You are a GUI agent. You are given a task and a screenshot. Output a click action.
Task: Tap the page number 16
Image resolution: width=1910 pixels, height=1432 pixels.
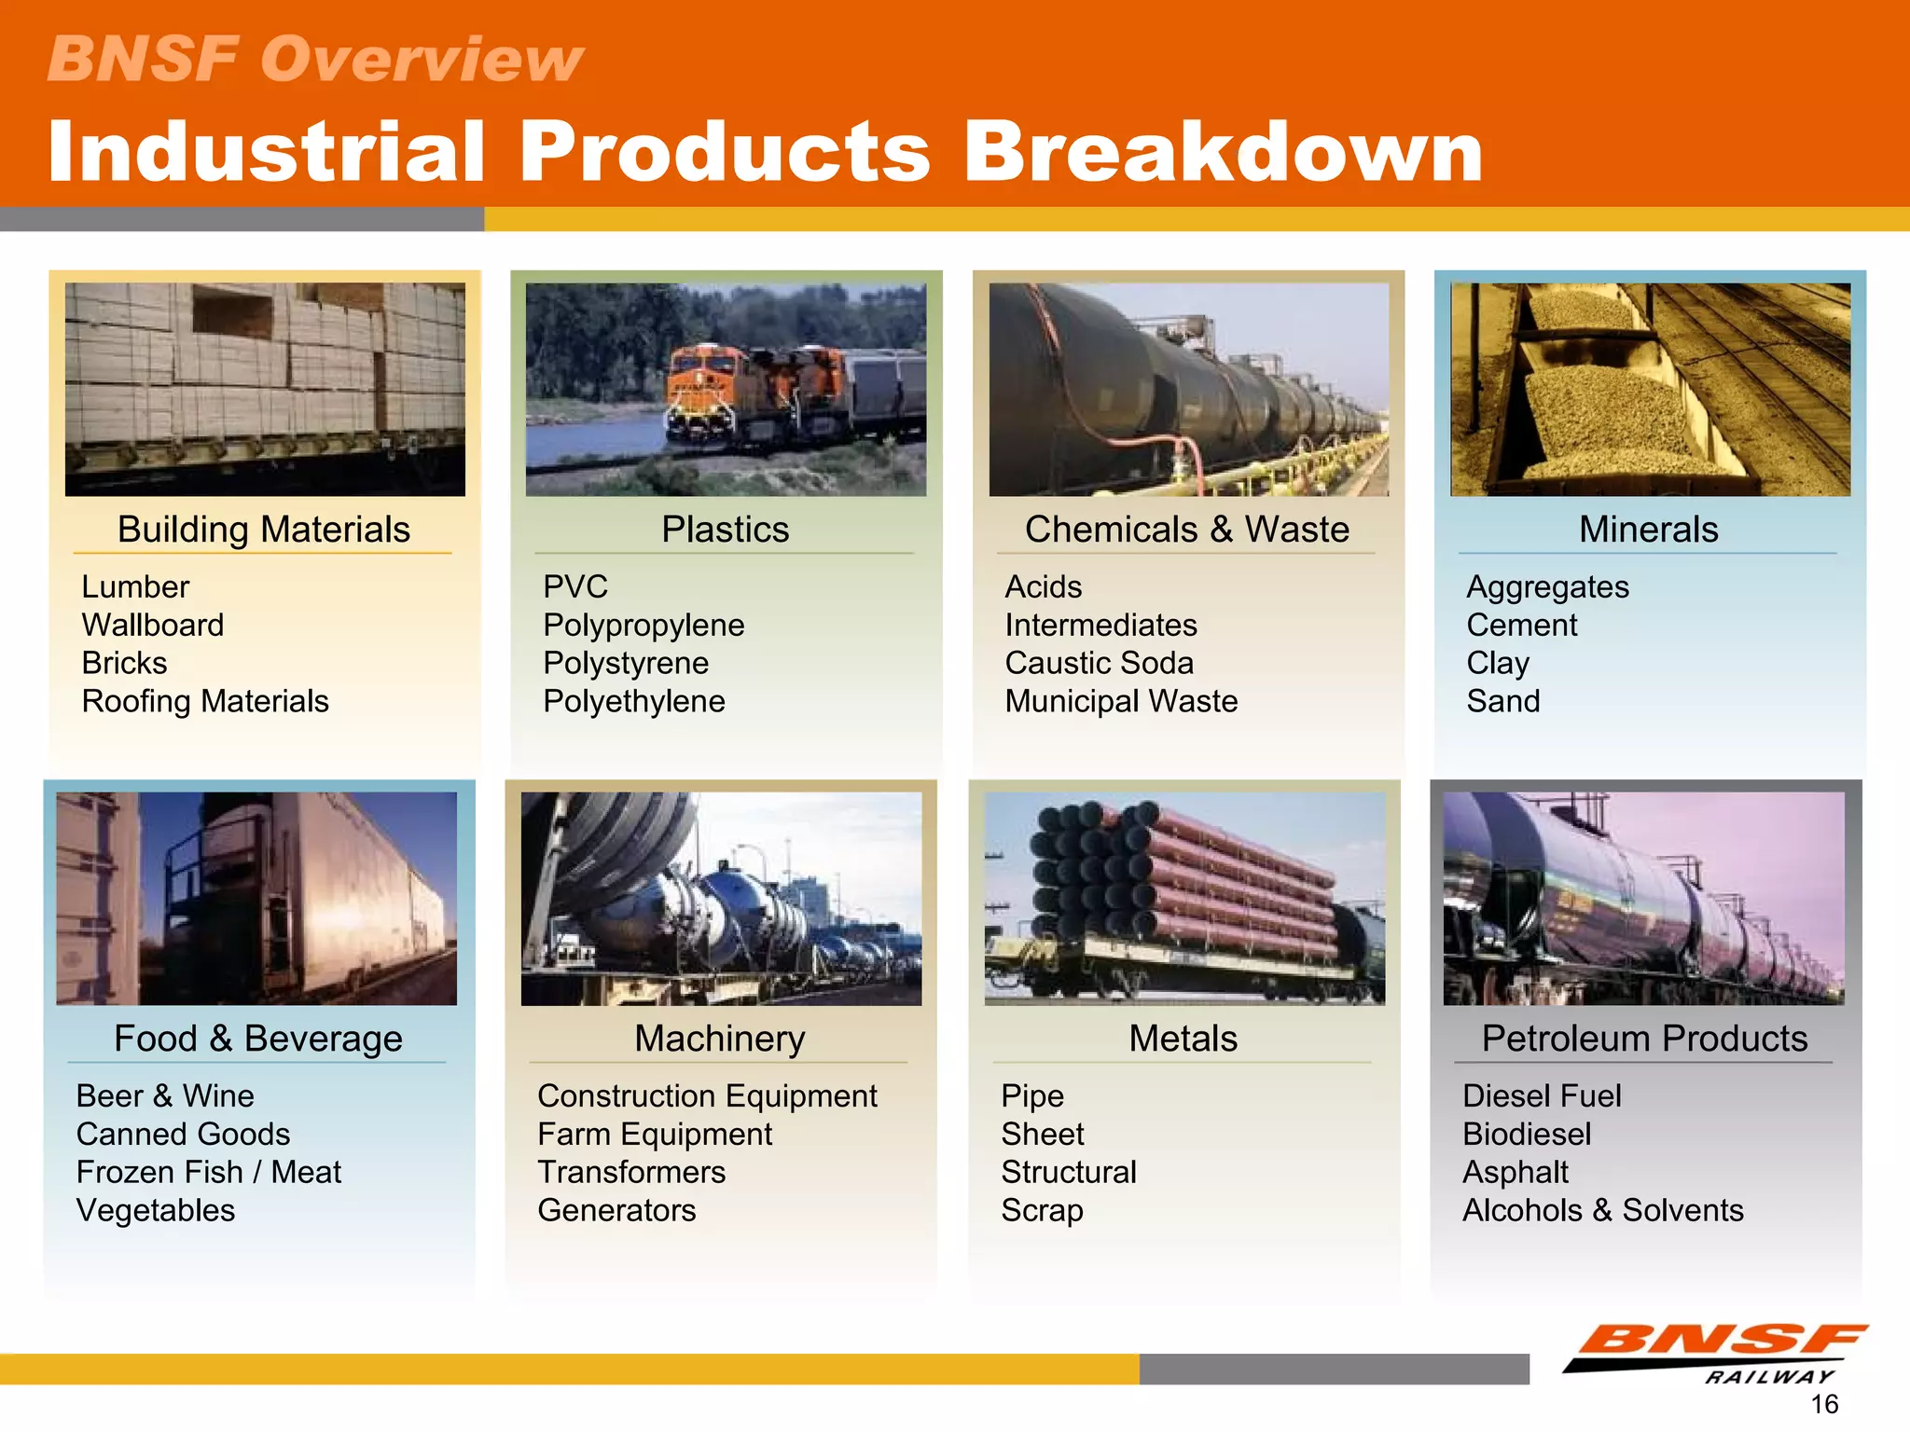[1824, 1404]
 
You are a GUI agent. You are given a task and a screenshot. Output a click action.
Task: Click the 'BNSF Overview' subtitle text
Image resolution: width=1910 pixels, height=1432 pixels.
[315, 59]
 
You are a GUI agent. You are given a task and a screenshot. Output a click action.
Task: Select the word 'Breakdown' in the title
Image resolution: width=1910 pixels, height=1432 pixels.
[1222, 152]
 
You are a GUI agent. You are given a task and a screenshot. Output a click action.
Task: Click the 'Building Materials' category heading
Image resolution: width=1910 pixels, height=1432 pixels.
[264, 530]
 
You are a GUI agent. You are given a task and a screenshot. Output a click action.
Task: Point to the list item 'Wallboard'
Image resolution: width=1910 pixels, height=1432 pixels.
[153, 625]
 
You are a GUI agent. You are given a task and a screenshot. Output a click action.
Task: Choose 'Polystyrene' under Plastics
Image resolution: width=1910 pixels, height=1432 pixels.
[626, 663]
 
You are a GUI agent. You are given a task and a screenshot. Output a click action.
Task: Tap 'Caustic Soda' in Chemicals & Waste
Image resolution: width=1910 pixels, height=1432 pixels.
[1099, 663]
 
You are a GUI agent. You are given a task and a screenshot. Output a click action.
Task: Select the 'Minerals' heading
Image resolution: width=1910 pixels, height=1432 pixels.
[1648, 530]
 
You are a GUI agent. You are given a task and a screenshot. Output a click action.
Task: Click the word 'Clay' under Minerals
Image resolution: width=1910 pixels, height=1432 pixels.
[1498, 663]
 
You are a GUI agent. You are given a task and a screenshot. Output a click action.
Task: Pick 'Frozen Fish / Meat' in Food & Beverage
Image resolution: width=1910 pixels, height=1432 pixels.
[209, 1172]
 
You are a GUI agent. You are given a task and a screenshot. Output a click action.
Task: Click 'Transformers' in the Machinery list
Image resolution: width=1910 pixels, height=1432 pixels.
[631, 1172]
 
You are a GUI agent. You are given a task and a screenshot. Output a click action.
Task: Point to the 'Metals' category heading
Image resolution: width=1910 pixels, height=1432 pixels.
[1183, 1039]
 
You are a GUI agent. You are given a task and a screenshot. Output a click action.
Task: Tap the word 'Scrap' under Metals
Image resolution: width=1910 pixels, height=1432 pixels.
[1042, 1210]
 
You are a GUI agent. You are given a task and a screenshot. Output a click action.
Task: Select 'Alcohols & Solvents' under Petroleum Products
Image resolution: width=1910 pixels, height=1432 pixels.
[1602, 1210]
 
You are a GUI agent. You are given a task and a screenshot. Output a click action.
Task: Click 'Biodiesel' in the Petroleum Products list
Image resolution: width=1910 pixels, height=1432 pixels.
[1527, 1134]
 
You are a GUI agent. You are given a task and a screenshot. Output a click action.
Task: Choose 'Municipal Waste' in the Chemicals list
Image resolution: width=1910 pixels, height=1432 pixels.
[1121, 701]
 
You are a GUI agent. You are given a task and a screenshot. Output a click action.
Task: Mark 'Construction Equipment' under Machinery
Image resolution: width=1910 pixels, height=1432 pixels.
[707, 1095]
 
